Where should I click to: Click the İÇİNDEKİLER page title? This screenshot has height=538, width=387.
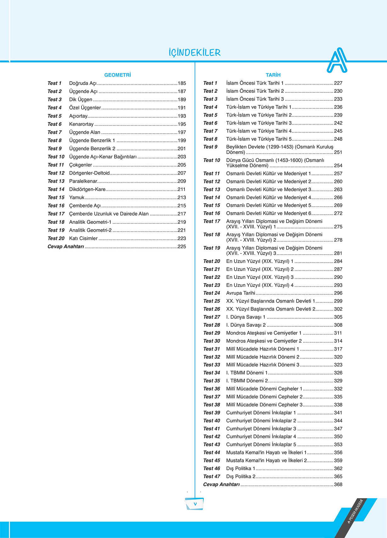pos(194,53)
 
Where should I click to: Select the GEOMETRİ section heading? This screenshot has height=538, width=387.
pos(117,75)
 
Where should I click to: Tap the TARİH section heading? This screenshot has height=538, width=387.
pos(273,75)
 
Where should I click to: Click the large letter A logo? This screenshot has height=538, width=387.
pos(337,61)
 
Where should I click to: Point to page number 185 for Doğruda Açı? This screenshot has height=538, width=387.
pos(182,83)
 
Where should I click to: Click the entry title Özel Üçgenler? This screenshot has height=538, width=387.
pos(85,108)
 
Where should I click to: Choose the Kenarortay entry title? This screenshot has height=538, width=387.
pos(81,124)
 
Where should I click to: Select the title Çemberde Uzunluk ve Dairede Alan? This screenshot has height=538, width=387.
pos(109,214)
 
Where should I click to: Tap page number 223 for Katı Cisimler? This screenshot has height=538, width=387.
pos(182,238)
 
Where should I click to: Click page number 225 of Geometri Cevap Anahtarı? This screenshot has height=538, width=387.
pos(182,247)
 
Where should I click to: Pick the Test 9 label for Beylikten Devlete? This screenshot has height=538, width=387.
pos(210,147)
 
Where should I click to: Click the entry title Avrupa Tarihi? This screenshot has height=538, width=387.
pos(240,293)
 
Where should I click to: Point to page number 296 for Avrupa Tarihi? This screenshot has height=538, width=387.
pos(338,293)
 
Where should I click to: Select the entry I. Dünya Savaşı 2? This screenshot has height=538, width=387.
pos(246,325)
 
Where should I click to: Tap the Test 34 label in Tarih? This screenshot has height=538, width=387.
pos(211,373)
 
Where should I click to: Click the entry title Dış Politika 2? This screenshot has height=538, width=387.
pos(241,477)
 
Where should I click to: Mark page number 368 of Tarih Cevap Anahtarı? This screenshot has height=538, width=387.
pos(338,485)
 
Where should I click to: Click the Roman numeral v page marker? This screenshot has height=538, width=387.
pos(195,504)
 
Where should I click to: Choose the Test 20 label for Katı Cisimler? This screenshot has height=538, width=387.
pos(56,238)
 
